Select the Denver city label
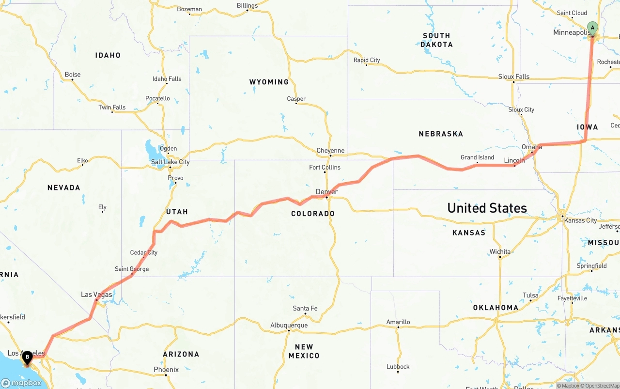click(326, 192)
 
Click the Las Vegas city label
click(96, 295)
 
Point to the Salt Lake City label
click(170, 162)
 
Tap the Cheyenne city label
click(330, 151)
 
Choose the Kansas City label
click(581, 220)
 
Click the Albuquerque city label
click(289, 325)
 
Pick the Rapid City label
click(367, 60)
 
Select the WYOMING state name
click(269, 82)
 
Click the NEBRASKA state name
click(441, 134)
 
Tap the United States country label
click(487, 208)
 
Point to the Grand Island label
click(477, 157)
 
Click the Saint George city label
click(132, 269)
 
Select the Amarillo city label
click(398, 322)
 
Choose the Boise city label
click(73, 75)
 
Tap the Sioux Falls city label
click(514, 77)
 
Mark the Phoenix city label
click(166, 370)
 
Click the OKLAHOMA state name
click(496, 308)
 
